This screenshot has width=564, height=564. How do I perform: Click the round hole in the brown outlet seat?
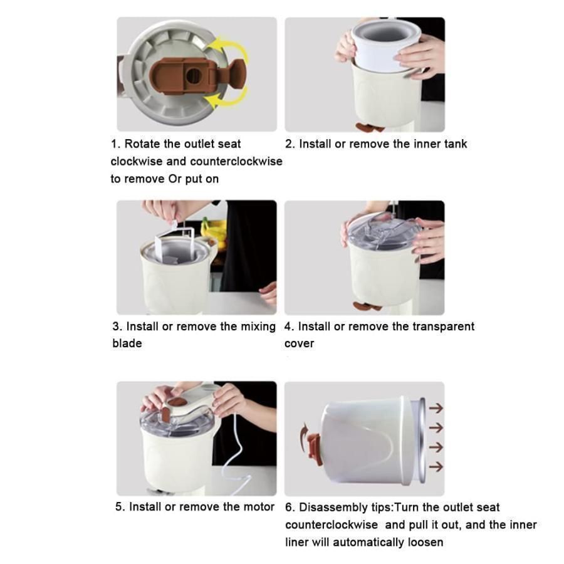point(194,76)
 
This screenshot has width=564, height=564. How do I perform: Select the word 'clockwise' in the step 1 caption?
point(137,161)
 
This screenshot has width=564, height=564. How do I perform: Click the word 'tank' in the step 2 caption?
point(456,144)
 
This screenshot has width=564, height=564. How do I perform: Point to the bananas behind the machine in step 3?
point(214,230)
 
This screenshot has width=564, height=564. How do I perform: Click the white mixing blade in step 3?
point(175,244)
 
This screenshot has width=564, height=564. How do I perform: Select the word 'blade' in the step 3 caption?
point(127,343)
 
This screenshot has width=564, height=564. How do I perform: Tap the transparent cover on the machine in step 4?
point(382,230)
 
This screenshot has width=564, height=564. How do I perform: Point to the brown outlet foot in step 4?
point(367,306)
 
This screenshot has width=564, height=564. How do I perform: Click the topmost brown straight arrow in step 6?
point(436,408)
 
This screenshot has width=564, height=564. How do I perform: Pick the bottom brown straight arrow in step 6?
point(436,466)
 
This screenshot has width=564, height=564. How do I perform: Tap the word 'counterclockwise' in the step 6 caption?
point(332,525)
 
